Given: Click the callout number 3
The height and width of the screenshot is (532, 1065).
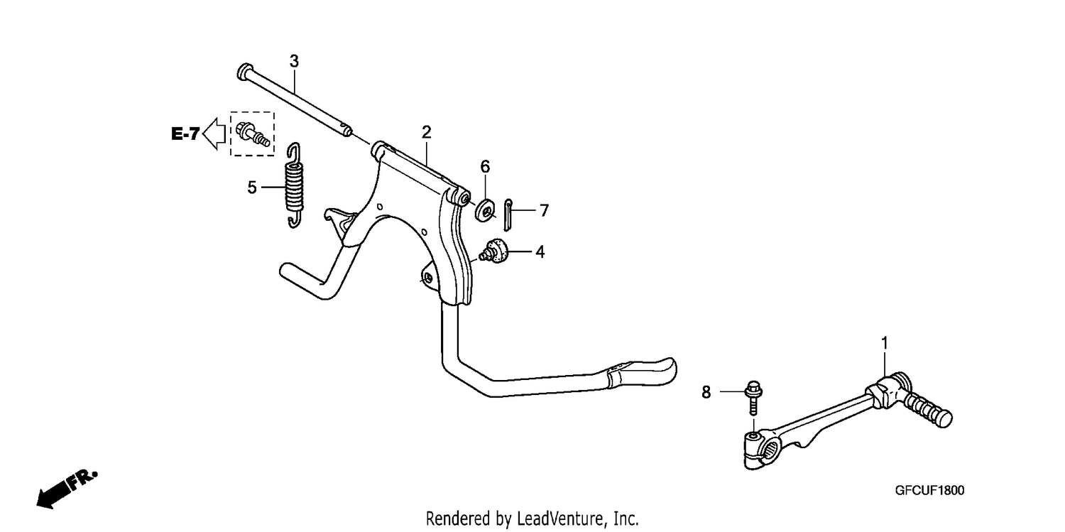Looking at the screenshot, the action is [295, 61].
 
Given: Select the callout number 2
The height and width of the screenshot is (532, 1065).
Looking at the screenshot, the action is [427, 132].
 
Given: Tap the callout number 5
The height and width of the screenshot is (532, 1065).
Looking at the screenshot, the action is [252, 188].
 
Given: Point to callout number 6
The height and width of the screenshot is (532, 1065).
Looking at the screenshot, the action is [485, 166].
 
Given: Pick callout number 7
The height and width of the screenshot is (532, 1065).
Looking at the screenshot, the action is [545, 211].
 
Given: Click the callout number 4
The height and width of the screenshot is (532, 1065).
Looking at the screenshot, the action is [540, 252].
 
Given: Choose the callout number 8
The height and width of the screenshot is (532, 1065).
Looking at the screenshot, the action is [706, 392].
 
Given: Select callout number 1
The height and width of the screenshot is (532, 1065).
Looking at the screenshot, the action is [885, 343].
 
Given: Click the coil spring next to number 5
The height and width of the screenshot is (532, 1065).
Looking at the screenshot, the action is [295, 185].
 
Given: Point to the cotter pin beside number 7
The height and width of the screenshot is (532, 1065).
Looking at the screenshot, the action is [508, 215].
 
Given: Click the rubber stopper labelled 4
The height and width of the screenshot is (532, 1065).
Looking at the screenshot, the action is [494, 251].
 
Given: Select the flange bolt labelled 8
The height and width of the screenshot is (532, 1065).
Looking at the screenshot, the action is [753, 398].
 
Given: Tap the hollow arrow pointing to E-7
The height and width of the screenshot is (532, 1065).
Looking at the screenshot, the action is [214, 134].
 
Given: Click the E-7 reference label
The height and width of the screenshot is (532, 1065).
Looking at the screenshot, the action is [185, 134].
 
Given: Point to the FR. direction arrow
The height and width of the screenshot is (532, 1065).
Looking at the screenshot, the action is [67, 489].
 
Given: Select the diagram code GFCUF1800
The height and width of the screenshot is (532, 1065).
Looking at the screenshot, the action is [929, 490].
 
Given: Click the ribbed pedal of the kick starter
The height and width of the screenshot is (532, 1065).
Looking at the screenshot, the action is [927, 410].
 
